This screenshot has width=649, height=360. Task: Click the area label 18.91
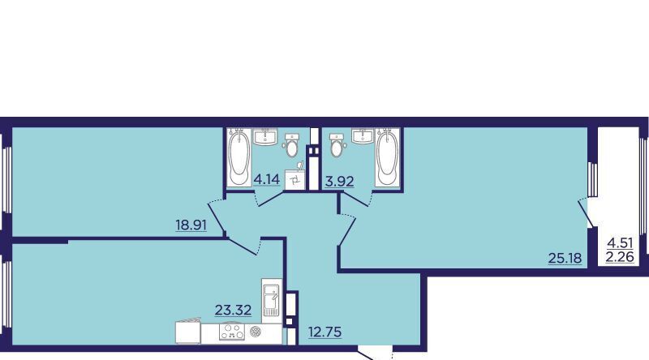pyautogui.click(x=191, y=225)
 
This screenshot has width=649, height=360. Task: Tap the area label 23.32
pyautogui.click(x=233, y=310)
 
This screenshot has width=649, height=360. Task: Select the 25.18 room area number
pyautogui.click(x=565, y=258)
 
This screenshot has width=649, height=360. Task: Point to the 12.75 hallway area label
pyautogui.click(x=325, y=332)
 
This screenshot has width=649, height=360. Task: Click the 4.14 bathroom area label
pyautogui.click(x=267, y=179)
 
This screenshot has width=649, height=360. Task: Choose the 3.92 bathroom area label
pyautogui.click(x=339, y=182)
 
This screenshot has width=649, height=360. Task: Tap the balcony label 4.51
pyautogui.click(x=620, y=242)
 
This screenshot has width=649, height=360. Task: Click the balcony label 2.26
pyautogui.click(x=620, y=257)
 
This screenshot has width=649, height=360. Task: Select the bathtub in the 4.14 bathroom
pyautogui.click(x=239, y=157)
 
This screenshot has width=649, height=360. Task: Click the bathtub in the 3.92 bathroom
pyautogui.click(x=388, y=157)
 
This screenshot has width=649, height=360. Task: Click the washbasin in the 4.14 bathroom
pyautogui.click(x=265, y=137)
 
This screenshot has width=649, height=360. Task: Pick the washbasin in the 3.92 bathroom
pyautogui.click(x=363, y=136)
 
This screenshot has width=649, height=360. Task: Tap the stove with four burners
pyautogui.click(x=231, y=332)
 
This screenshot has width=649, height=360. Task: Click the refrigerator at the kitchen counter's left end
pyautogui.click(x=188, y=332)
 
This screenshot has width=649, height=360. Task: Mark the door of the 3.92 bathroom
pyautogui.click(x=353, y=198)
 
